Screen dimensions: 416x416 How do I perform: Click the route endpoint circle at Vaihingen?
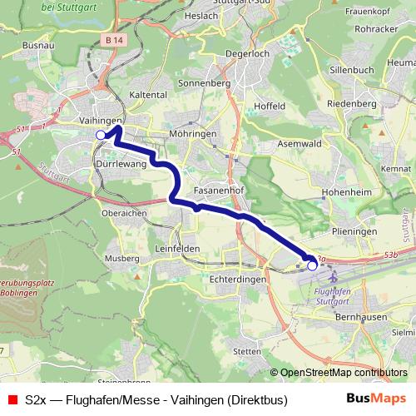pos(101,135)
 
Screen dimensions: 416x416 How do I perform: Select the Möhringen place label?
pos(191,134)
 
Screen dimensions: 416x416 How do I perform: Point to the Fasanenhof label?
pos(218,190)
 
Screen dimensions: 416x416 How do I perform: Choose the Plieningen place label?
pos(354,231)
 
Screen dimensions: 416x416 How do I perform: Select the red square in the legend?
pos(12,400)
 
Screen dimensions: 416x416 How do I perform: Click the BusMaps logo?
pos(375,400)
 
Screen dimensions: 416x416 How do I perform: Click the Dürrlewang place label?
pos(122,165)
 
